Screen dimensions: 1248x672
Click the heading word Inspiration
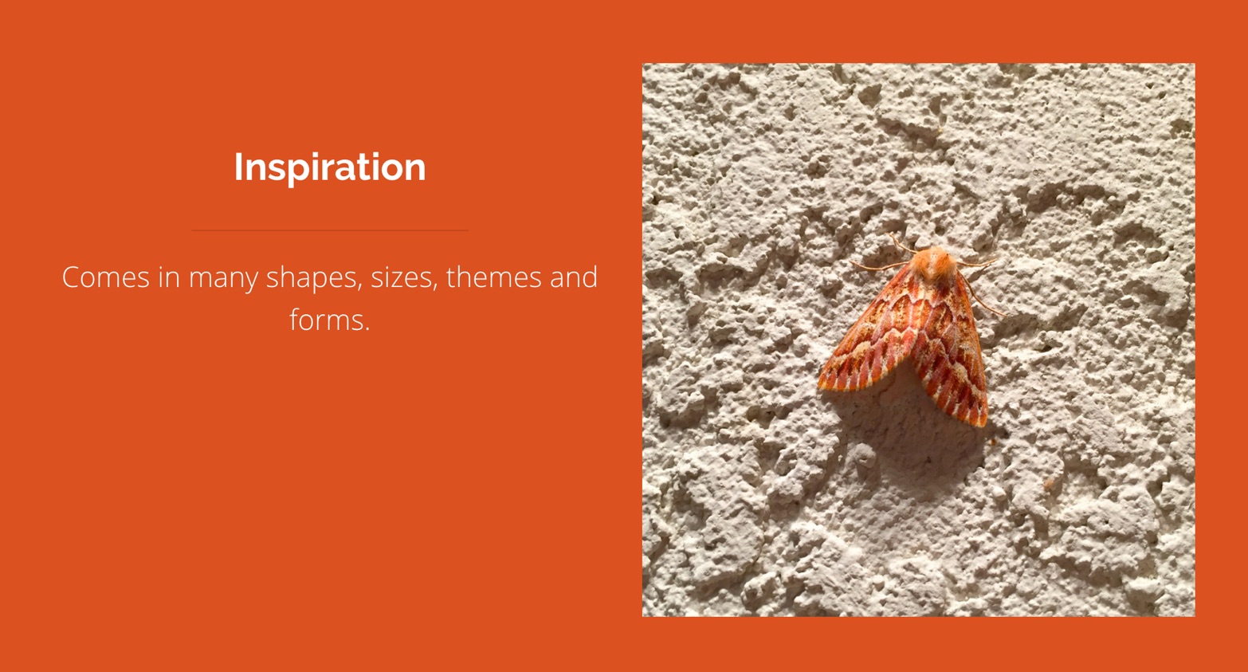pos(330,167)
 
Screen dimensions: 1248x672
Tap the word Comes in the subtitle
pos(106,277)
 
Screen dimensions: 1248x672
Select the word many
pos(223,279)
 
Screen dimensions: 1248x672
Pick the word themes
pos(493,277)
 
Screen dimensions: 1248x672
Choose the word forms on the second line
pos(325,320)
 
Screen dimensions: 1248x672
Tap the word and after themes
pos(574,277)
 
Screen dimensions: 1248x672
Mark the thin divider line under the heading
pos(330,230)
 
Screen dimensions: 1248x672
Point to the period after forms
pos(367,330)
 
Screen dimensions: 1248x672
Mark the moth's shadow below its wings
pos(914,434)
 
